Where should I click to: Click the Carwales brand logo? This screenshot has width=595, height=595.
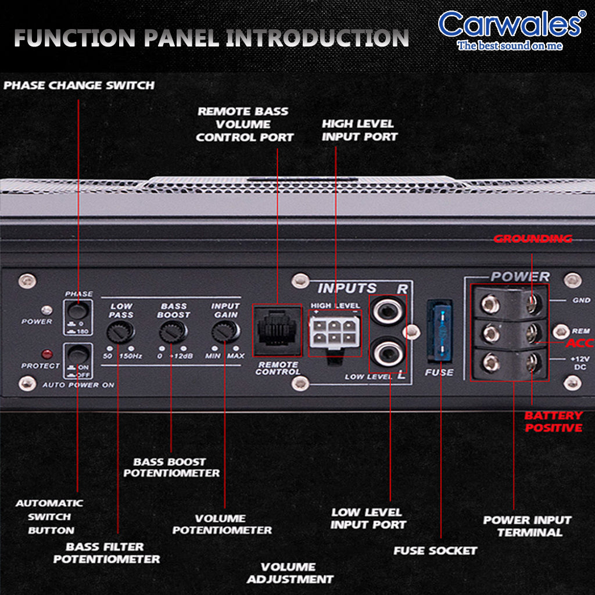coord(509,29)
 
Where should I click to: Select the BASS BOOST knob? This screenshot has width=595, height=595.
coord(173,332)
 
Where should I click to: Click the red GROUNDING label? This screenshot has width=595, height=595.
coord(533,239)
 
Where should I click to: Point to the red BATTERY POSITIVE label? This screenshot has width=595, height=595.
coord(553,422)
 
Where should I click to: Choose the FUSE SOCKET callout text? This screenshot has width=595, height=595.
coord(435,550)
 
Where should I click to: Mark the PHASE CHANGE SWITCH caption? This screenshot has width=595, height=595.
coord(79,85)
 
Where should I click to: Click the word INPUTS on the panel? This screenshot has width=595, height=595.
coord(347,288)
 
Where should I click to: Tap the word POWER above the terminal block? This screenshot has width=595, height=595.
coord(520,277)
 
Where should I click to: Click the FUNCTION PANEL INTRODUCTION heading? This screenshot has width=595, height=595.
coord(211,38)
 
